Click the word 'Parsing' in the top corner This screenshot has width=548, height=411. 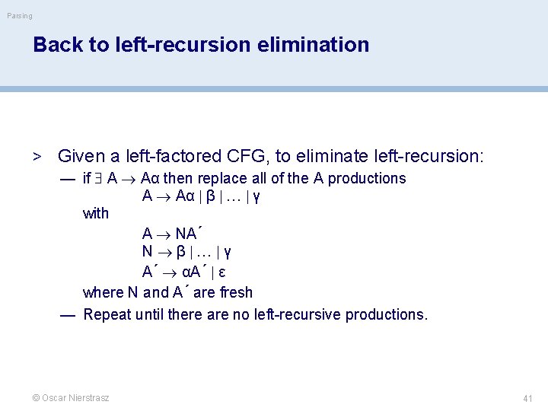coord(20,16)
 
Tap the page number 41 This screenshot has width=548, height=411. coord(527,398)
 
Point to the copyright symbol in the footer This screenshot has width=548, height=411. coord(36,398)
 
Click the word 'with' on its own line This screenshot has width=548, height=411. coord(96,214)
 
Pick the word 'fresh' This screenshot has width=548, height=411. coord(236,292)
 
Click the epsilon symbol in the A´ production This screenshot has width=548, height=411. coord(221,272)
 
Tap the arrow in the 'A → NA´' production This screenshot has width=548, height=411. coord(164,234)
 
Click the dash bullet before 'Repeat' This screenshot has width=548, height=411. coord(68,314)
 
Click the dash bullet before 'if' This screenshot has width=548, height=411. coord(68,179)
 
